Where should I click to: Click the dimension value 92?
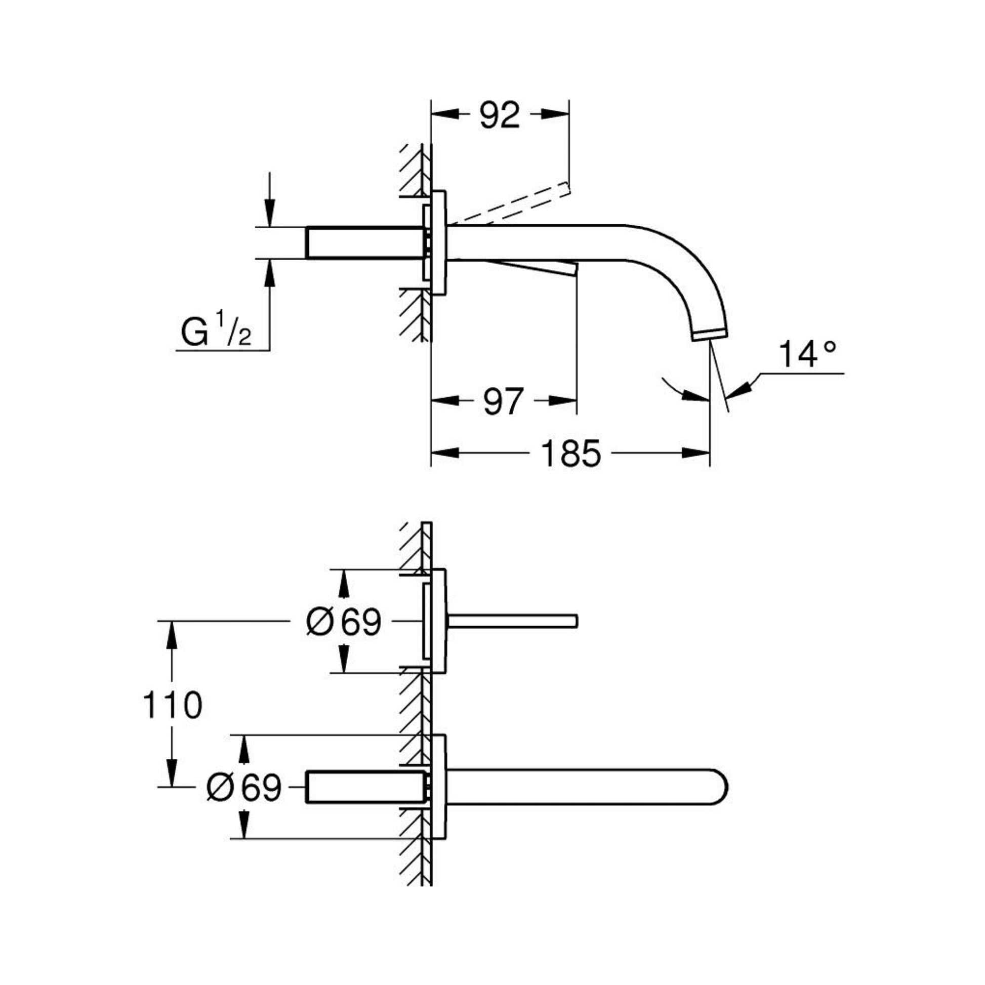[499, 115]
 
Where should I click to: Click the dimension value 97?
[503, 401]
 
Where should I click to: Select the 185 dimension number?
[570, 453]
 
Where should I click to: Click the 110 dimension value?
[172, 706]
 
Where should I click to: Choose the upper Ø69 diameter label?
[344, 622]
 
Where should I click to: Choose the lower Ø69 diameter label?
[243, 787]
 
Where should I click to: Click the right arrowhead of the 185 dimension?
[696, 453]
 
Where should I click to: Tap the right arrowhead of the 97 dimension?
[563, 401]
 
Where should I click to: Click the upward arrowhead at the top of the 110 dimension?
[172, 635]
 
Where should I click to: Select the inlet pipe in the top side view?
[364, 242]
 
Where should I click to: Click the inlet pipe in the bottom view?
[364, 787]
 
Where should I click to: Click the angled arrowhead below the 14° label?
[740, 389]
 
